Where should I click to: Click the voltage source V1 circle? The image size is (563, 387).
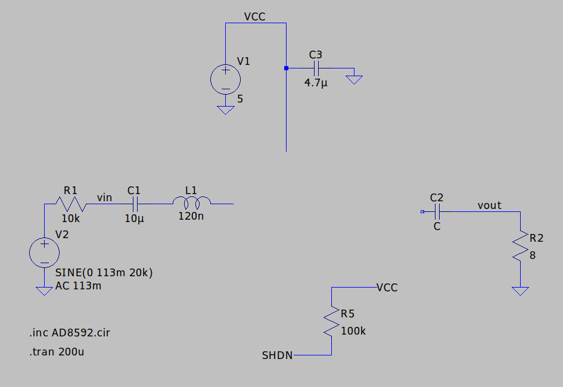(x=226, y=80)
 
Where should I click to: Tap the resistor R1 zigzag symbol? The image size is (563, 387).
(x=71, y=204)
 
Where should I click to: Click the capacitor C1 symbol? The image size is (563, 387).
(x=135, y=204)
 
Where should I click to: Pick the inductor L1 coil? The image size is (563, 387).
(x=191, y=201)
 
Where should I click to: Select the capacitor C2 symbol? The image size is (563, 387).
(x=437, y=211)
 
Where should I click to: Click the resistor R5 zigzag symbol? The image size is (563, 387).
(x=331, y=322)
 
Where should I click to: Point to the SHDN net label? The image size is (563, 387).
(x=277, y=355)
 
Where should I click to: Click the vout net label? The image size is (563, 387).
(x=489, y=205)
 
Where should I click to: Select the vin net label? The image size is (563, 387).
(x=104, y=197)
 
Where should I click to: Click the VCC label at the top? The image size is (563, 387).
(x=254, y=17)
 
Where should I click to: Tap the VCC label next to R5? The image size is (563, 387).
(x=387, y=288)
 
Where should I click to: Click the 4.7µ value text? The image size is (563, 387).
(x=316, y=83)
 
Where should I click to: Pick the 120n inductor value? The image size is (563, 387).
(x=191, y=216)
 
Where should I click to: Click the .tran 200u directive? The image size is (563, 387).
(x=57, y=352)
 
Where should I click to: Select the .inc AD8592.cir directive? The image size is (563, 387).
(x=69, y=332)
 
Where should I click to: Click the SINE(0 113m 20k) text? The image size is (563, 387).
(x=104, y=273)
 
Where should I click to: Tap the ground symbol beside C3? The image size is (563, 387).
(x=354, y=79)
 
